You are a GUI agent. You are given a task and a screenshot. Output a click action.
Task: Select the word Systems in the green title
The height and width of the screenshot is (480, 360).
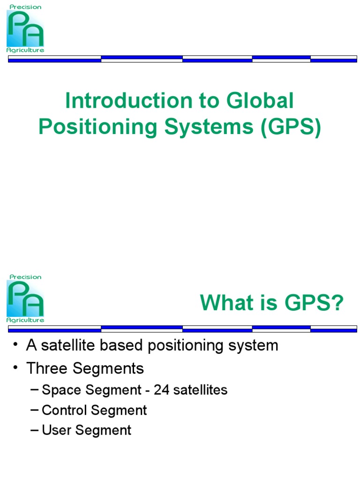point(208,127)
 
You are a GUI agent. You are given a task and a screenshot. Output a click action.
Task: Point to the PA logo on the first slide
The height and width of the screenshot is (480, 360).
point(25,28)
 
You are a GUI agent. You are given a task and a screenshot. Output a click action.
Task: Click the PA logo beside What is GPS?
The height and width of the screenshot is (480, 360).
point(25,299)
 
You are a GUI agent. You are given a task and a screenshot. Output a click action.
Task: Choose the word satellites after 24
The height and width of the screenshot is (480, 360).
point(200,390)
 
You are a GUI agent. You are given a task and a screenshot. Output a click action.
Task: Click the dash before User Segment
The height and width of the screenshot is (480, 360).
point(35,430)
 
